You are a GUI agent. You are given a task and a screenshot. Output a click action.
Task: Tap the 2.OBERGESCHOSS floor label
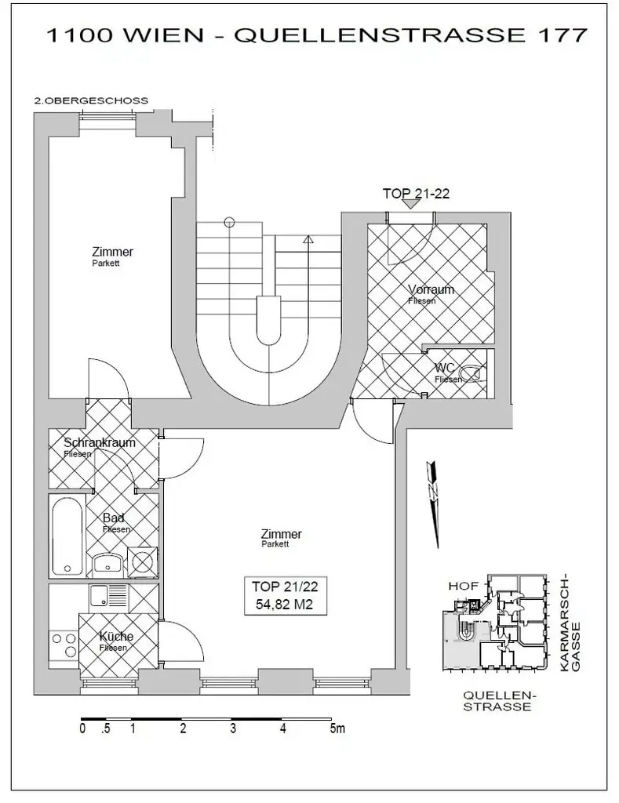[x=91, y=100]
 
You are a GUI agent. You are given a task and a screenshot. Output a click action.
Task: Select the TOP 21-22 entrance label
[x=415, y=194]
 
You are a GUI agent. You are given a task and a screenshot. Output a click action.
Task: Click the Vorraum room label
[x=431, y=290]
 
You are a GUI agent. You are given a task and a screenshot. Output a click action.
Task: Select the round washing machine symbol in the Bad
[x=142, y=562]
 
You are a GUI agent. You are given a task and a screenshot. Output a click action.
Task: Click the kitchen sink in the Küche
[x=102, y=597]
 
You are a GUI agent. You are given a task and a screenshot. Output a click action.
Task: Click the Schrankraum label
[x=99, y=442]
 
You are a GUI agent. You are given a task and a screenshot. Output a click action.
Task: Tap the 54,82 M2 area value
[x=284, y=604]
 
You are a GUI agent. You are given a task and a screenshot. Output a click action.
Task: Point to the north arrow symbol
[x=431, y=503]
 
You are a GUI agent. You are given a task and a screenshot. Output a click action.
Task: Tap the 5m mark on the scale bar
[x=337, y=729]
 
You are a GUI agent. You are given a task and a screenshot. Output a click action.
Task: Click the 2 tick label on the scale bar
[x=183, y=729]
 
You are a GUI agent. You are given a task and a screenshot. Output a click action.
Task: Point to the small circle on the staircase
[x=228, y=222]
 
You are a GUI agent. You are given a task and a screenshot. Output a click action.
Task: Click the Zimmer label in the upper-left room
[x=112, y=252]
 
